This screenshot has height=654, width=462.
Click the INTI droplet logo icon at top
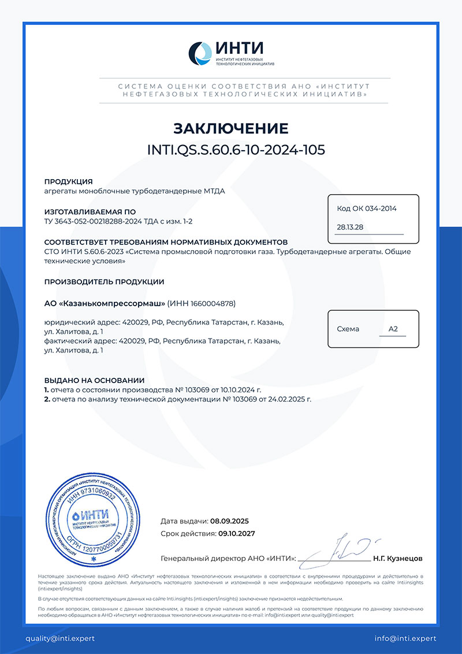[202, 53]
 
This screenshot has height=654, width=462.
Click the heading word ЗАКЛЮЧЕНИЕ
[231, 128]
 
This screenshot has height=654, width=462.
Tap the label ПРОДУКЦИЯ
[69, 181]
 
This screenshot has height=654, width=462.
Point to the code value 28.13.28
[350, 227]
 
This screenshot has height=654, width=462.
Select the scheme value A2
[393, 329]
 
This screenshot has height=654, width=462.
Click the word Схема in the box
[348, 329]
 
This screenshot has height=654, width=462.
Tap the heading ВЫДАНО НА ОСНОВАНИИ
[94, 380]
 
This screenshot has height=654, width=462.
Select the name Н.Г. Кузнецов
[398, 559]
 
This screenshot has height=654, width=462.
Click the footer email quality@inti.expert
[59, 638]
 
